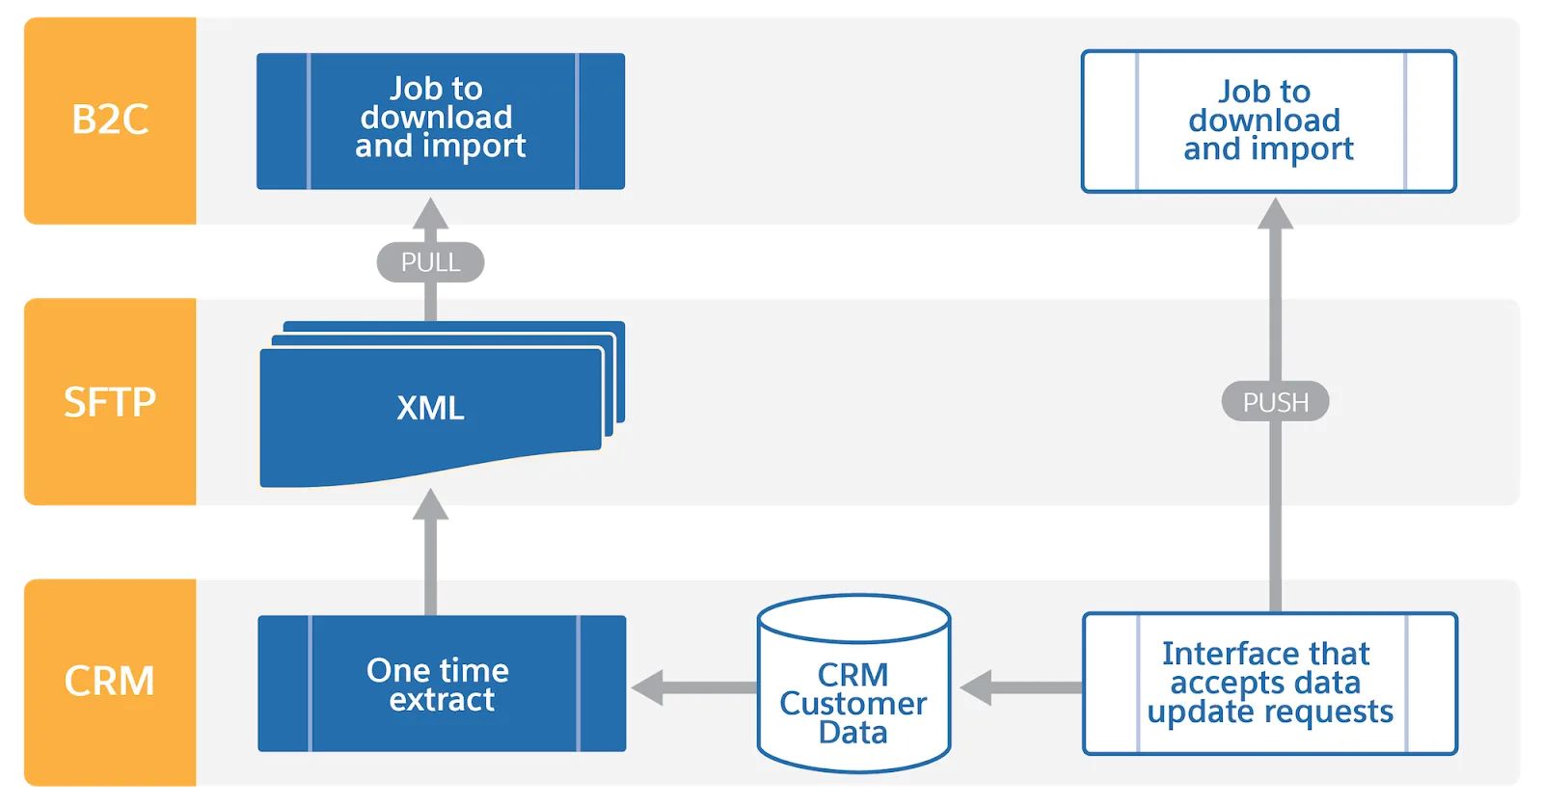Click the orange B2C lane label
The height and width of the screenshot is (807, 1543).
[109, 121]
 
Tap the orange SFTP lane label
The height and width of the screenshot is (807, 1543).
[109, 401]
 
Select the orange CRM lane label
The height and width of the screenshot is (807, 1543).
[109, 681]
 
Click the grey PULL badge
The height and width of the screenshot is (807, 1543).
[430, 262]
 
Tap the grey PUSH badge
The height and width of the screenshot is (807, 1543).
[1275, 402]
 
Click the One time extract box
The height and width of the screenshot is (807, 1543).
[442, 684]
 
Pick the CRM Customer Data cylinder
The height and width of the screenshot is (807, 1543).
[853, 685]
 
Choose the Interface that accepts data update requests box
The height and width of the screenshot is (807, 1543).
[1269, 683]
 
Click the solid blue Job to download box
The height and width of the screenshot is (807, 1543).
[441, 121]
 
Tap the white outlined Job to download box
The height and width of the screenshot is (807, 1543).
[1268, 121]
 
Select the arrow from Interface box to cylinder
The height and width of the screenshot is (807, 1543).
[1020, 687]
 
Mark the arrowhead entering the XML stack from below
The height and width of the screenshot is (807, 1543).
[430, 507]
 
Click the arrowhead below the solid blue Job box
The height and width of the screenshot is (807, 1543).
[430, 216]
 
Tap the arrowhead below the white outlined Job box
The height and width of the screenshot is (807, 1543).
[1275, 216]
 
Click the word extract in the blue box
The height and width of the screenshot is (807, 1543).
[442, 700]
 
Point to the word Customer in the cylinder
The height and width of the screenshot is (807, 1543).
[853, 704]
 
